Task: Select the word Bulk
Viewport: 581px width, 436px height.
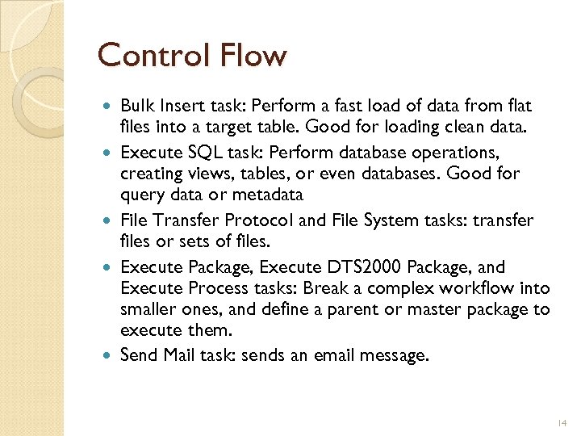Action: pos(137,106)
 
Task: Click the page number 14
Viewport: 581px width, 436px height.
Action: pos(562,422)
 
